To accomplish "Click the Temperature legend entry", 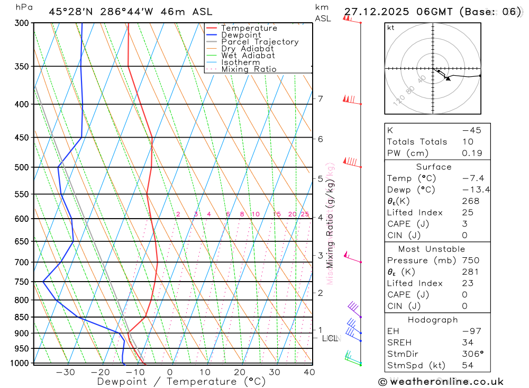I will tap(249, 28).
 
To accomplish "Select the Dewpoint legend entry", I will tap(241, 35).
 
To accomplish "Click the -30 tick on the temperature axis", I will tap(66, 372).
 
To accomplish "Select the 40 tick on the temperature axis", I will tap(309, 372).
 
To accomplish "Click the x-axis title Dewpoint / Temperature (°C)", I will tap(181, 381).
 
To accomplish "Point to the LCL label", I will tap(330, 338).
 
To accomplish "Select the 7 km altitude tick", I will tap(320, 98).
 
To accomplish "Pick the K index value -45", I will tap(471, 130).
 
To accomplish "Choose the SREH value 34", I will tap(467, 342).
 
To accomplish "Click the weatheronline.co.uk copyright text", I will tap(441, 382).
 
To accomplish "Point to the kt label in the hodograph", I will tap(391, 28).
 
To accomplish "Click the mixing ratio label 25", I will tap(305, 214).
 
